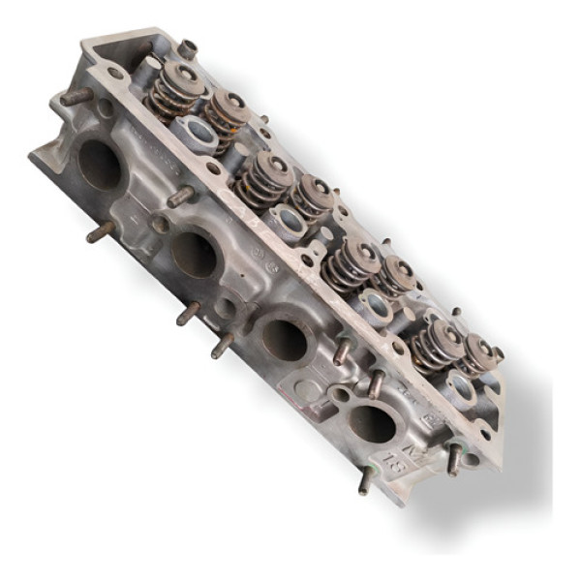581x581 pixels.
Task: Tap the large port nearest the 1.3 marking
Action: pos(372,423)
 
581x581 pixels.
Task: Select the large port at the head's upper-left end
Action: pos(100,165)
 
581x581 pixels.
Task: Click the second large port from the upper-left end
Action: pos(194,254)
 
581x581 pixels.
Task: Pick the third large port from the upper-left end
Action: pos(285,339)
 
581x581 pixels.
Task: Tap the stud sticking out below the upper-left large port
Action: pos(99,232)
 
